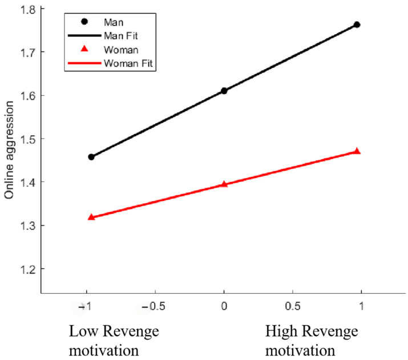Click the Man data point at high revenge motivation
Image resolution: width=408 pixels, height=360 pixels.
click(357, 25)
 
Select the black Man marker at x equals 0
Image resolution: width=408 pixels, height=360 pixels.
click(224, 91)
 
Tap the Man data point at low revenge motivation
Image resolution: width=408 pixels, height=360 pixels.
click(91, 157)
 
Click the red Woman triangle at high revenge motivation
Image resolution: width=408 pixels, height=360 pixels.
click(357, 151)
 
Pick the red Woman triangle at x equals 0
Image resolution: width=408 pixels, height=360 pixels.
click(224, 184)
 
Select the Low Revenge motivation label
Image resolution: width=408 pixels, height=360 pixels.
click(114, 341)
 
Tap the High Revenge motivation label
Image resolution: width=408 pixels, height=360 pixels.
click(311, 341)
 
